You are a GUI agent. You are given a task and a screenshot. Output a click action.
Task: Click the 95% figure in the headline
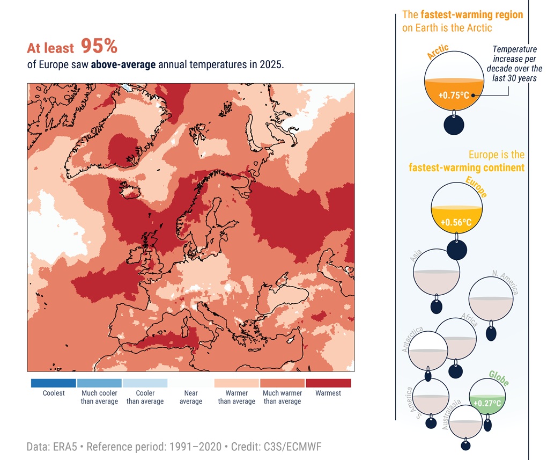point(99,47)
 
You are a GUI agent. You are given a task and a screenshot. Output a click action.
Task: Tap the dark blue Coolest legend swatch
point(53,383)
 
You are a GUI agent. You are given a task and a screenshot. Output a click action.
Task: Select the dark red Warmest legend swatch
point(328,383)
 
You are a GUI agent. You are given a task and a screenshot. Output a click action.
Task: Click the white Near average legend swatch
point(191,383)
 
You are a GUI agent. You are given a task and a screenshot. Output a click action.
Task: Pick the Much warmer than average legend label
point(282,397)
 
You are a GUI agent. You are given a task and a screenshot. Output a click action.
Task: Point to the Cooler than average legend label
point(145,397)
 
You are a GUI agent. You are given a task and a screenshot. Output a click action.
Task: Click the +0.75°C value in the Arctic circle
point(453,96)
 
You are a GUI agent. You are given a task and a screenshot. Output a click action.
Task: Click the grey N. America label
point(505,283)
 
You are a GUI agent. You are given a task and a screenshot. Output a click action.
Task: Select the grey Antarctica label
point(412,339)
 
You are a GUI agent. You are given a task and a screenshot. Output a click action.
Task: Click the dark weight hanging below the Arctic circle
point(454,125)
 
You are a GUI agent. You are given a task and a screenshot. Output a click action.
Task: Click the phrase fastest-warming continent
point(467,168)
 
